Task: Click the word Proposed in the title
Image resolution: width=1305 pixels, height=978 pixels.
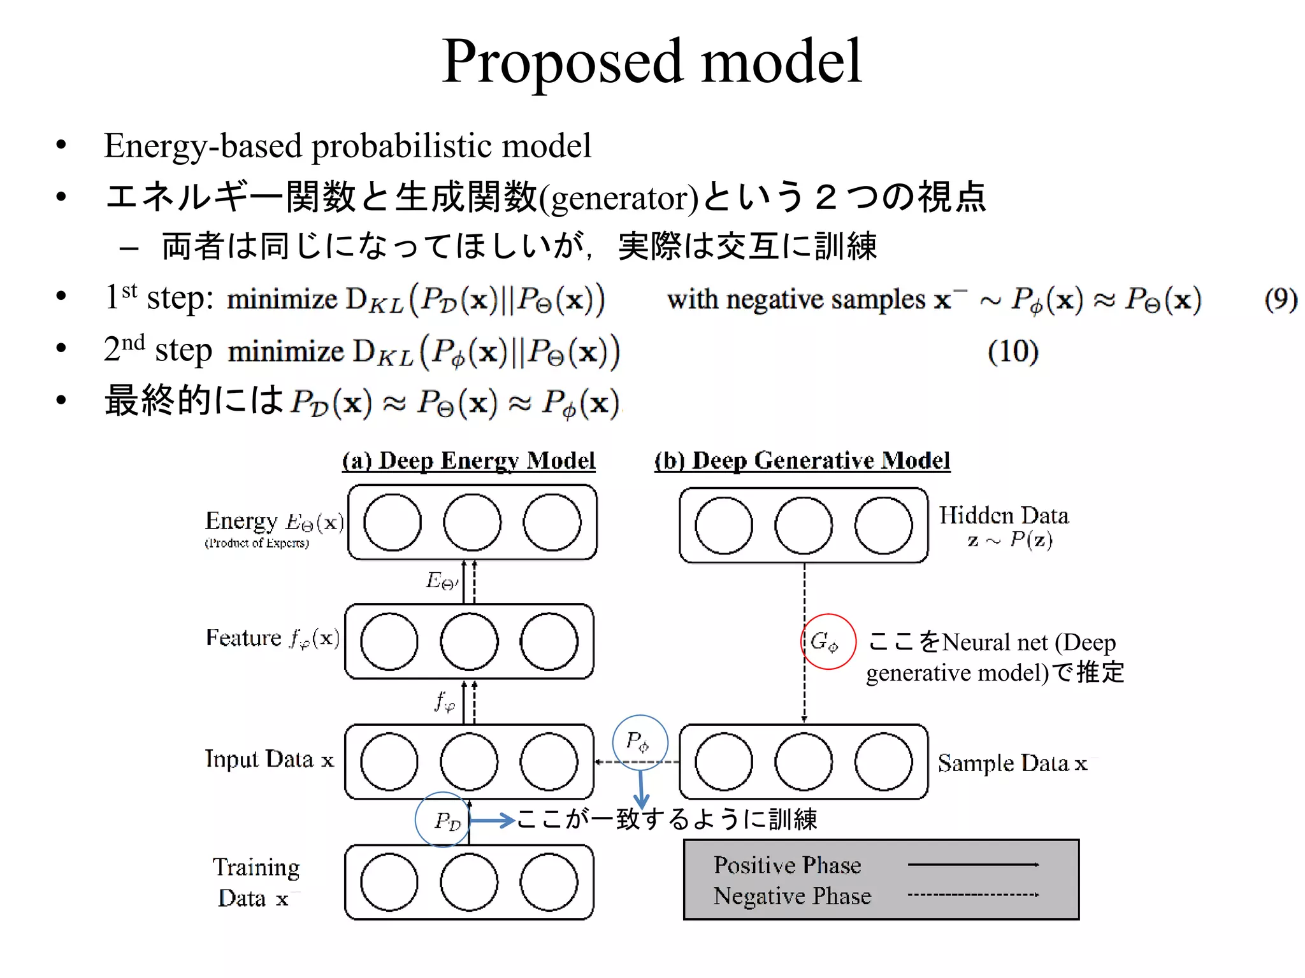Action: point(564,62)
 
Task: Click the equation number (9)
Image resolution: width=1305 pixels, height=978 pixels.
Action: point(1281,299)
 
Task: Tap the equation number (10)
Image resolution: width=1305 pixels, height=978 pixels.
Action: point(1013,351)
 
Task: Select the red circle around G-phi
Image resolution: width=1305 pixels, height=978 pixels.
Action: point(828,641)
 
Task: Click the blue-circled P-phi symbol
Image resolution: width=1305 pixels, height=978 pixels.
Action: point(640,742)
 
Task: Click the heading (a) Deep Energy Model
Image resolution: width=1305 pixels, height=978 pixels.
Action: point(468,460)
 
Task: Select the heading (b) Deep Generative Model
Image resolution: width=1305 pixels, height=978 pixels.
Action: point(802,460)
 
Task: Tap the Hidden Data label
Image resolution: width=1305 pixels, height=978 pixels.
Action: point(1004,516)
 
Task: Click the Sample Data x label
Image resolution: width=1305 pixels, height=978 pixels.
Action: point(1012,763)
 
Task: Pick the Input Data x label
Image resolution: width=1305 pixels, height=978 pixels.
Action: point(270,759)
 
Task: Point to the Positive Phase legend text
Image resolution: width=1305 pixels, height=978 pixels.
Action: point(787,865)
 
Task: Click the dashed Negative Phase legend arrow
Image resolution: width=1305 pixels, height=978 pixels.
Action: point(973,895)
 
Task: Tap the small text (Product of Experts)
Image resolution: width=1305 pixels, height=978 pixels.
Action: point(257,543)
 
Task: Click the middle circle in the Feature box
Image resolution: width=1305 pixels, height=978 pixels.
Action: point(469,641)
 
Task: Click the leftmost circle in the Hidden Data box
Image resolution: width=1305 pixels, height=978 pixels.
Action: point(724,525)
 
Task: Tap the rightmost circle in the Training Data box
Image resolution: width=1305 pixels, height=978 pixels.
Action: point(549,882)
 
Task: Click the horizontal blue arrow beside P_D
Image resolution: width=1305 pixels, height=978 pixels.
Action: point(492,820)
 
